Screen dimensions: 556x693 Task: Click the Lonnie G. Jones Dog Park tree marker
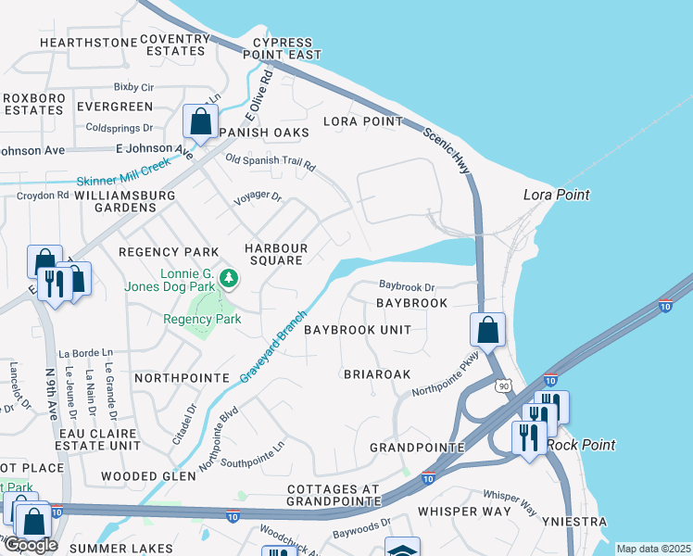[x=228, y=277]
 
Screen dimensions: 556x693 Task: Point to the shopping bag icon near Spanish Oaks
[x=200, y=121]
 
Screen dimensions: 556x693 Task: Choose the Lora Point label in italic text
[x=556, y=195]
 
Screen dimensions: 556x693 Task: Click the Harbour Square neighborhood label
[x=276, y=254]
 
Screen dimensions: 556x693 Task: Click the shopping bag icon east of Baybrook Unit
[x=487, y=329]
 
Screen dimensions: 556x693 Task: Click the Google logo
[x=30, y=545]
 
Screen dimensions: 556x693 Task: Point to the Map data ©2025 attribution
[x=653, y=549]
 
